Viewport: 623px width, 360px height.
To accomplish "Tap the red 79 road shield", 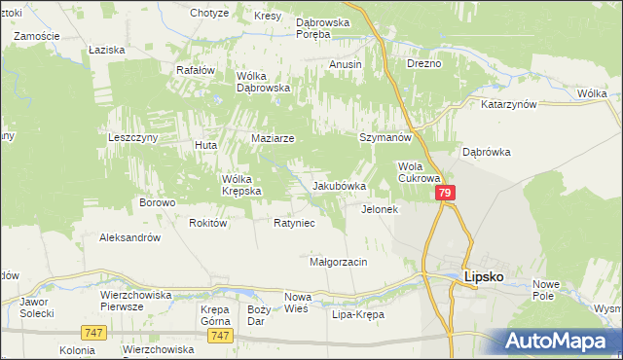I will [x=445, y=195].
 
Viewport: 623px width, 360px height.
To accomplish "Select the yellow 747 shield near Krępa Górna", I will [x=220, y=335].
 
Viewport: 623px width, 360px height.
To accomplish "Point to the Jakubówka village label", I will [x=339, y=186].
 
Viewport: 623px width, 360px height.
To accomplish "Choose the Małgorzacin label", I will [x=337, y=262].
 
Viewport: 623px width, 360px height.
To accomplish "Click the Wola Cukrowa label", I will [x=420, y=172].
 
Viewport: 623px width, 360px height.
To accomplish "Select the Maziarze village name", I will [x=273, y=138].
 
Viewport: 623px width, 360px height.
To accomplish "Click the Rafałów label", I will [x=195, y=70].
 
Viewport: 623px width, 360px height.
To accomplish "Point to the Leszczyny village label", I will [x=132, y=138].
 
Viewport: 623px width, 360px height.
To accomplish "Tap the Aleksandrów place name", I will [x=129, y=236].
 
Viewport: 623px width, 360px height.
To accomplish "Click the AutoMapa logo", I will [x=560, y=340].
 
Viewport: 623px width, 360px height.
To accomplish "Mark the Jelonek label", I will [x=380, y=209].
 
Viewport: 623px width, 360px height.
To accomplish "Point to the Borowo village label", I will [x=157, y=202].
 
